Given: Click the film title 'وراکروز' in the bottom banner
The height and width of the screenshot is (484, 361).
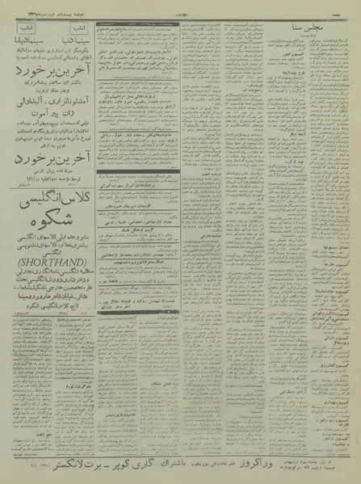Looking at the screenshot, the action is pos(285,465).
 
